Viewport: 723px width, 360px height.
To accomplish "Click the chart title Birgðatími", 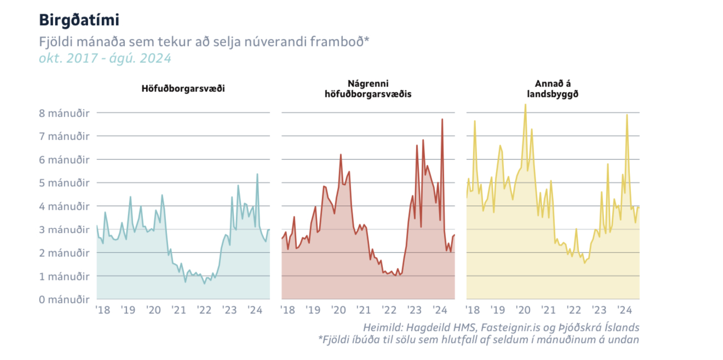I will (x=79, y=20).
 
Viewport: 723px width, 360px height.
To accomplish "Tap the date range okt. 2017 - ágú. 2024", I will (x=105, y=58).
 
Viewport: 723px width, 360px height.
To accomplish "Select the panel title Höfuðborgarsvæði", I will (x=183, y=88).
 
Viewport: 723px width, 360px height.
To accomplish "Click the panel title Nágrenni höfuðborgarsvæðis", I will (x=368, y=88).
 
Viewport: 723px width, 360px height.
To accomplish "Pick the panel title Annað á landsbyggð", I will (x=553, y=88).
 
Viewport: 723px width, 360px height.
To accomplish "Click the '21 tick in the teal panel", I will (x=179, y=310).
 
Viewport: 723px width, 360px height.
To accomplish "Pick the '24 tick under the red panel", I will (x=440, y=310).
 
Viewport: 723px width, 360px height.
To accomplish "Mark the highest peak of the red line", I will (x=442, y=119).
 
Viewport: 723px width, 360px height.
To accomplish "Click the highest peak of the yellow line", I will (x=525, y=104).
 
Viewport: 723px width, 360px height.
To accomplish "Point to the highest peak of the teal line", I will (x=257, y=174).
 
